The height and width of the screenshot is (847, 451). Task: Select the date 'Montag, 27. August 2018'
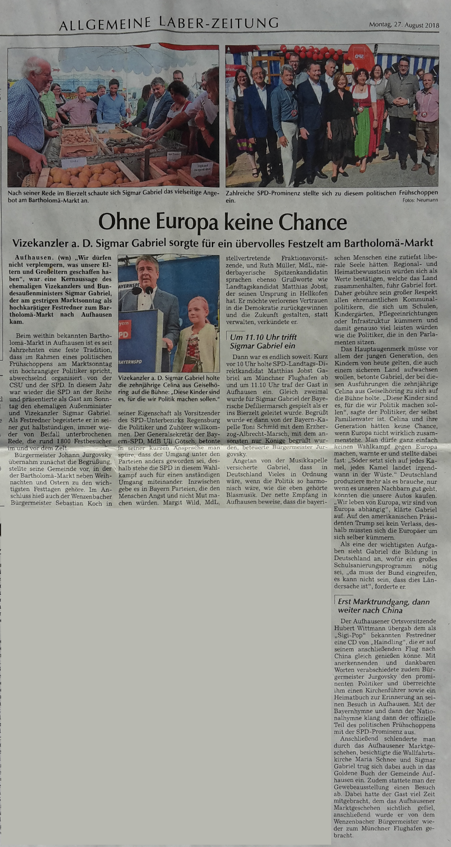(x=404, y=25)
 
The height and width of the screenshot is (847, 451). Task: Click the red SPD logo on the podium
(x=124, y=330)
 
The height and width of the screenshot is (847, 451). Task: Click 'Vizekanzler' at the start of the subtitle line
(x=44, y=244)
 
